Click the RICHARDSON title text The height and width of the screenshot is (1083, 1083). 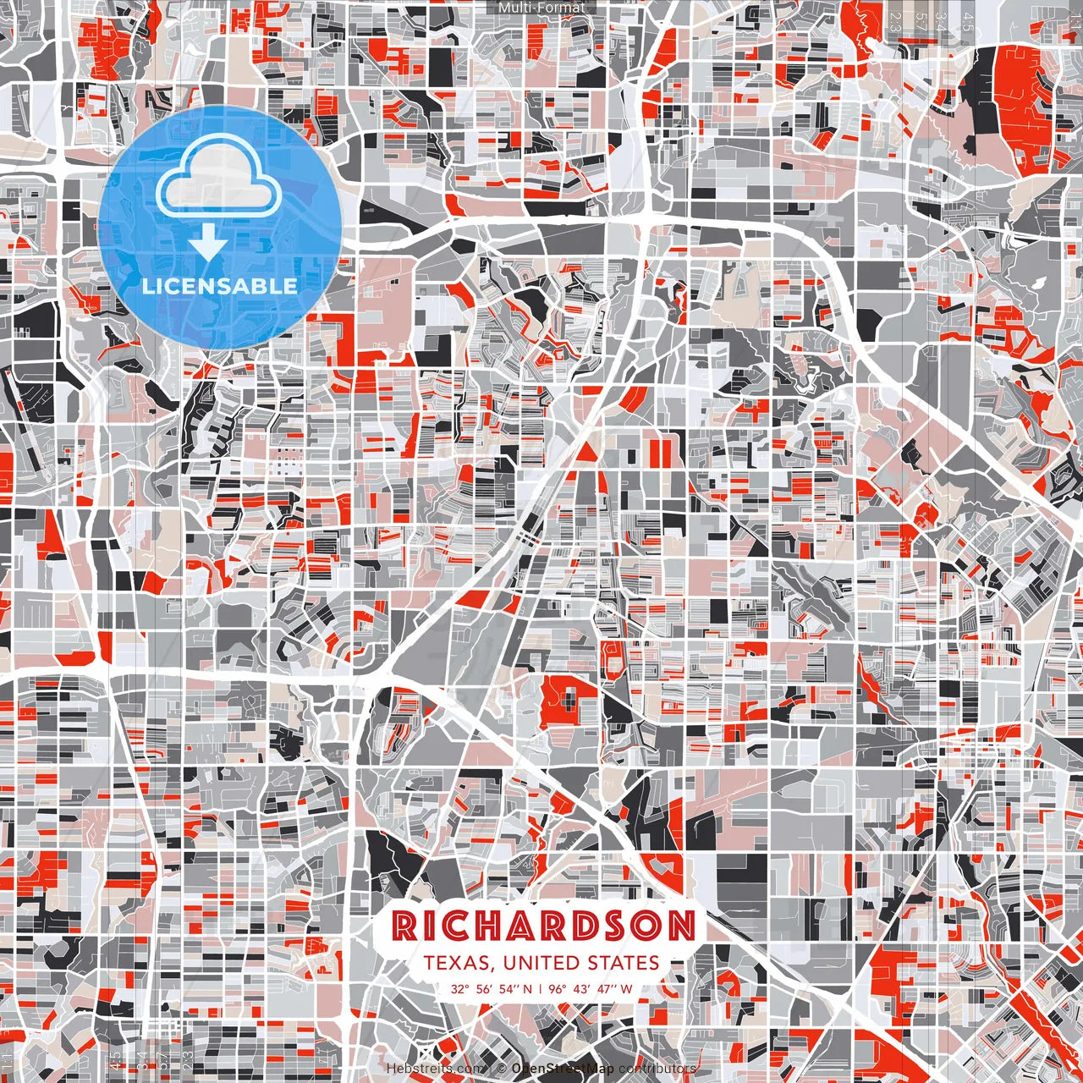[x=543, y=926]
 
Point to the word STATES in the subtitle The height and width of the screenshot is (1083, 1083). [x=627, y=963]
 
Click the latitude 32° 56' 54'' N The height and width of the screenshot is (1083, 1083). [x=492, y=988]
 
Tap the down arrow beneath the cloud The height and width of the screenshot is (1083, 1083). [x=207, y=245]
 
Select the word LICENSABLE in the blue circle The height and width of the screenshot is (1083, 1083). [x=219, y=286]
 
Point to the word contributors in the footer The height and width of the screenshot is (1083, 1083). [x=657, y=1069]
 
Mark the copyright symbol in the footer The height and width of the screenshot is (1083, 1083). [x=502, y=1069]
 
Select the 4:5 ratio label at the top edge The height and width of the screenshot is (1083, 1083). [x=966, y=22]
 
